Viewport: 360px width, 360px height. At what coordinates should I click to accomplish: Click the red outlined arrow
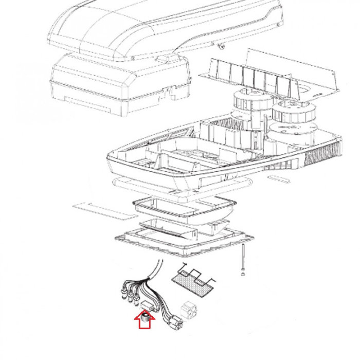click(x=146, y=322)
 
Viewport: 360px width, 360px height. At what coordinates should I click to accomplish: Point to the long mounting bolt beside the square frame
click(x=241, y=260)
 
